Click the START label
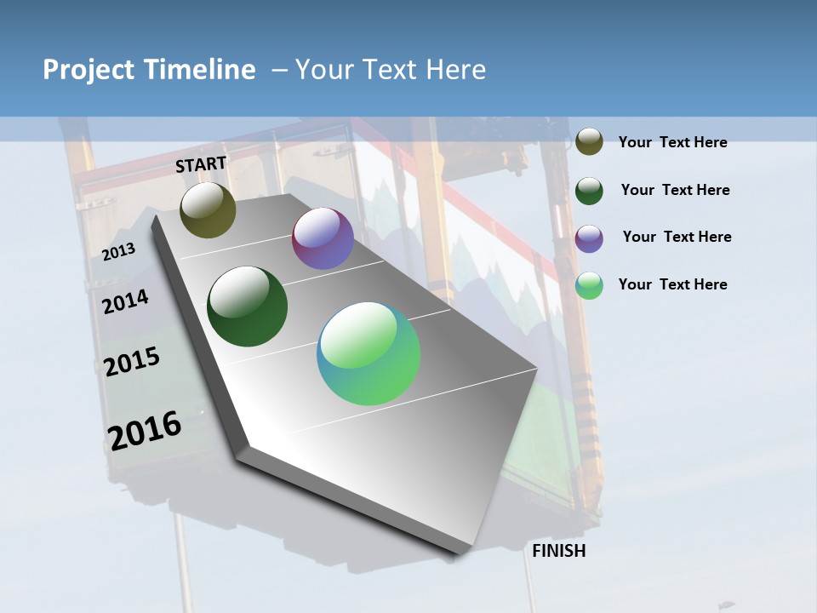point(201,164)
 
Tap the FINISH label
point(559,551)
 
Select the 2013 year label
point(118,252)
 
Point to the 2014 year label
point(125,301)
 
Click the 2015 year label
point(131,362)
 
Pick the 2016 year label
point(145,430)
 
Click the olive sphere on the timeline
point(208,209)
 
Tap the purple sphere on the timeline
point(323,238)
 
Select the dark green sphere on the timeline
point(248,306)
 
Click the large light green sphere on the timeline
point(369,353)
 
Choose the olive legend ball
point(589,141)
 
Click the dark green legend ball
point(589,190)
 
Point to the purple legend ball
point(589,238)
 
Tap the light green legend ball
point(589,285)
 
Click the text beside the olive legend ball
point(672,142)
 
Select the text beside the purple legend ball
point(677,237)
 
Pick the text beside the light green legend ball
point(672,284)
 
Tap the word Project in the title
point(88,70)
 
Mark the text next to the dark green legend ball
point(675,190)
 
